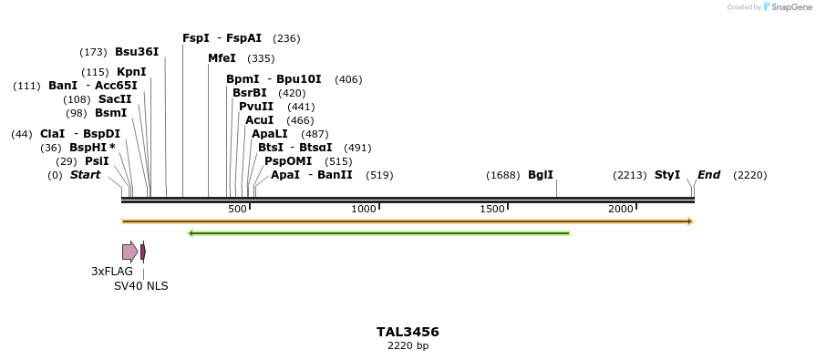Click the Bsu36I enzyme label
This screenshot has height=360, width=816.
[x=137, y=52]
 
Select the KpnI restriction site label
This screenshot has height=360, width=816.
[x=131, y=72]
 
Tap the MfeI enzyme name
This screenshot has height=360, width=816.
[x=222, y=58]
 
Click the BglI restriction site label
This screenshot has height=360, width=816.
[x=541, y=175]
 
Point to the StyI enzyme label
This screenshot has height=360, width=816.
[x=667, y=175]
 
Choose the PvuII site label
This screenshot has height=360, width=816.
[x=256, y=107]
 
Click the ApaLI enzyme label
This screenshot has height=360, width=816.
[x=271, y=134]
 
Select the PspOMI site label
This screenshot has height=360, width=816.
[x=283, y=161]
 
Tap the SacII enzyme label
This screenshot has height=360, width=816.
[x=115, y=99]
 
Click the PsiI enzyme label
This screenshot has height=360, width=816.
[x=97, y=161]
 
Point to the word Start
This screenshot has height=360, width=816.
[x=85, y=175]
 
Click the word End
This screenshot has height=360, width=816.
[x=709, y=175]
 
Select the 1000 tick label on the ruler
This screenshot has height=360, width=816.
[x=364, y=210]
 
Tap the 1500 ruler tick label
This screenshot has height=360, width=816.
[x=492, y=210]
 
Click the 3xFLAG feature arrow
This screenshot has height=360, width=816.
[x=129, y=252]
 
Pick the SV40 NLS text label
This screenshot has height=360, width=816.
[x=140, y=286]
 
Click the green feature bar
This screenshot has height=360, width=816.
[x=378, y=233]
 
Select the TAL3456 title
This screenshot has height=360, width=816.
[x=408, y=332]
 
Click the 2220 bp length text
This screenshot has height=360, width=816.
[x=408, y=346]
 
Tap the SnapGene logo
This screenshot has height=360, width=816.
[x=784, y=7]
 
